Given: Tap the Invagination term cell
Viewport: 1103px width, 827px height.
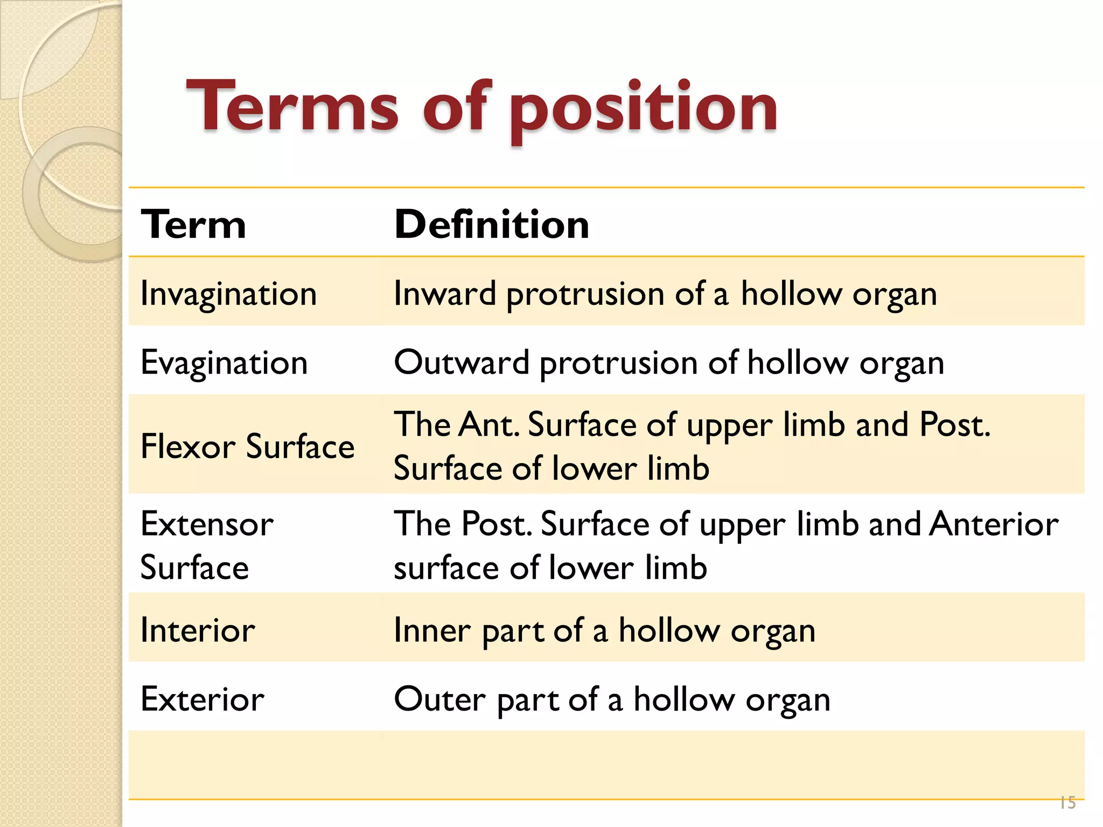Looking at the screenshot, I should [x=228, y=294].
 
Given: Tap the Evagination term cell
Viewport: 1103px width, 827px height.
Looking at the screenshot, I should [x=224, y=362].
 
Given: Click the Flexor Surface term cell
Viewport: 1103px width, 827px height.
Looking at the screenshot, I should [x=247, y=446].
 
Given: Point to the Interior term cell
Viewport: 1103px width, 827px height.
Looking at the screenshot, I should [x=198, y=630].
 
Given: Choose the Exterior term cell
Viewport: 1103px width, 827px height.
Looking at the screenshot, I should [x=202, y=699].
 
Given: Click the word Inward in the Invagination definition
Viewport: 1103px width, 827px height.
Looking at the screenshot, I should [x=445, y=294].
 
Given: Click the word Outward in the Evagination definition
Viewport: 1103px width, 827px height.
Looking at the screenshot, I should [x=462, y=362].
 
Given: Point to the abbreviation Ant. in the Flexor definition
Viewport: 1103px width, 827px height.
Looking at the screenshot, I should [x=490, y=425].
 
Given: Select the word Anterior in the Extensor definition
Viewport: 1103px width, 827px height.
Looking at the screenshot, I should [x=994, y=524].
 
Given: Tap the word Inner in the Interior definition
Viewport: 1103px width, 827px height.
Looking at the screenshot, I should [x=432, y=630].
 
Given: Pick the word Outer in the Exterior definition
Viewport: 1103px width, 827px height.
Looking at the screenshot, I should [x=439, y=699].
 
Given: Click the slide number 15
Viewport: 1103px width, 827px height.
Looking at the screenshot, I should [x=1067, y=803].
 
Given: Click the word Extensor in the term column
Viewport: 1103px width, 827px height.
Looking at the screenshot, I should [x=207, y=524].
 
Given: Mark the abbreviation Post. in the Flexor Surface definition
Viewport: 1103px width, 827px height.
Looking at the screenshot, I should [x=954, y=425].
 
